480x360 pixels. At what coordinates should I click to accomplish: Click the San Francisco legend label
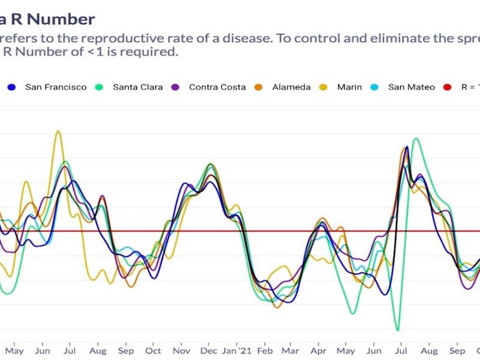pos(56,87)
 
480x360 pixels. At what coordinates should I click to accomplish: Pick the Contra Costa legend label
pos(217,87)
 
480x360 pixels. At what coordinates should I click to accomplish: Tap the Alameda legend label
pos(292,87)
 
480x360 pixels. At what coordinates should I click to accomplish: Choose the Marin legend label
pos(349,87)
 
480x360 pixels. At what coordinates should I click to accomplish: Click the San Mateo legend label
pos(412,87)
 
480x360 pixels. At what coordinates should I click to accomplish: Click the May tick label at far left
pos(14,350)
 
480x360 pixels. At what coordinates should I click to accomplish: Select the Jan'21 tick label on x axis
pos(238,350)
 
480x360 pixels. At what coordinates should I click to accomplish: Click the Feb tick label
pos(265,350)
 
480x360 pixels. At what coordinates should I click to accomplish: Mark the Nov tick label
pos(181,350)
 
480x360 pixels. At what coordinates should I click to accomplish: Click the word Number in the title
pos(61,19)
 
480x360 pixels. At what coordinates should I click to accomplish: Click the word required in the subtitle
pos(150,52)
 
